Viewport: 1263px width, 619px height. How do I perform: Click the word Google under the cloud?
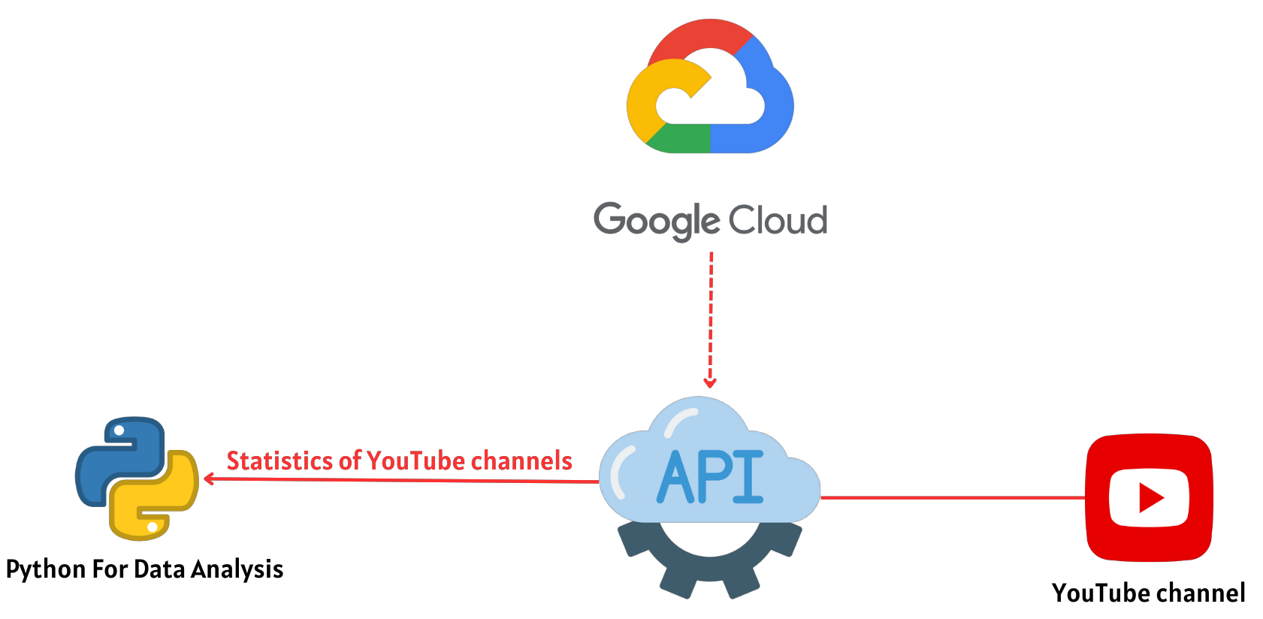[x=657, y=220]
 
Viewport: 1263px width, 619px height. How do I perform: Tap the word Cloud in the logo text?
[x=778, y=220]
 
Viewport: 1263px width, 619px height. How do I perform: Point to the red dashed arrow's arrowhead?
[x=710, y=383]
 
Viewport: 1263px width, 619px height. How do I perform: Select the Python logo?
[x=137, y=479]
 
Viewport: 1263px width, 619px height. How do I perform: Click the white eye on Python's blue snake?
[x=119, y=430]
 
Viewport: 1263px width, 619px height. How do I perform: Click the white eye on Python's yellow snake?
[x=153, y=527]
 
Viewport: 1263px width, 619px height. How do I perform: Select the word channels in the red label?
[x=521, y=460]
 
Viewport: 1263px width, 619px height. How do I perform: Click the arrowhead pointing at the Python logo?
[x=208, y=479]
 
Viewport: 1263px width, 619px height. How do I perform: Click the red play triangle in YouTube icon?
[x=1150, y=497]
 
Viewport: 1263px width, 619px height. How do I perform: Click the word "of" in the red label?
[x=349, y=460]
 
